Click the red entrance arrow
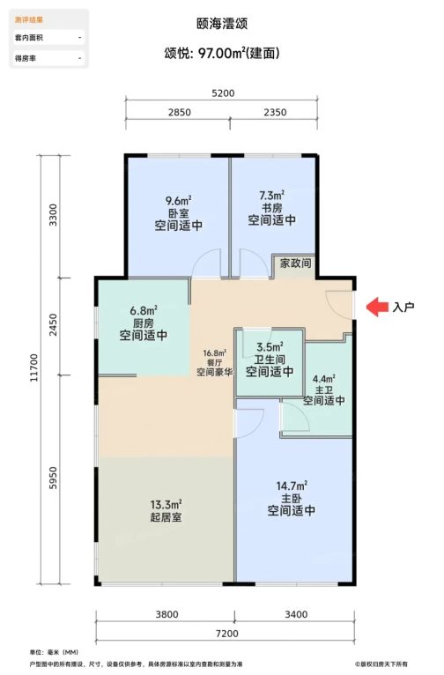(x=377, y=307)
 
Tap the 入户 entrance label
(x=403, y=307)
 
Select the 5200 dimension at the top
(x=223, y=93)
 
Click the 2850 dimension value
(x=180, y=113)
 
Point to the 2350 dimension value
(x=275, y=113)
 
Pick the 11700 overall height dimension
(x=34, y=367)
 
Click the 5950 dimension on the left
(x=53, y=478)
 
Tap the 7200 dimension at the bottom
(x=226, y=634)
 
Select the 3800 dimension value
(x=166, y=614)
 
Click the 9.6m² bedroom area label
(x=178, y=201)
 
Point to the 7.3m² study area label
(x=271, y=196)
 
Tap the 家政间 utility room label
(x=295, y=263)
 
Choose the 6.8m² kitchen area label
(x=144, y=310)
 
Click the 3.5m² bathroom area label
(x=270, y=346)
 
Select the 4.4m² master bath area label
(x=323, y=379)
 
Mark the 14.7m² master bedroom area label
(x=292, y=486)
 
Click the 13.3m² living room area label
(x=166, y=504)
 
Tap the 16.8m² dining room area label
(x=215, y=353)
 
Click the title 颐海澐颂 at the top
(x=222, y=23)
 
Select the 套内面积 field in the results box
(x=29, y=38)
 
